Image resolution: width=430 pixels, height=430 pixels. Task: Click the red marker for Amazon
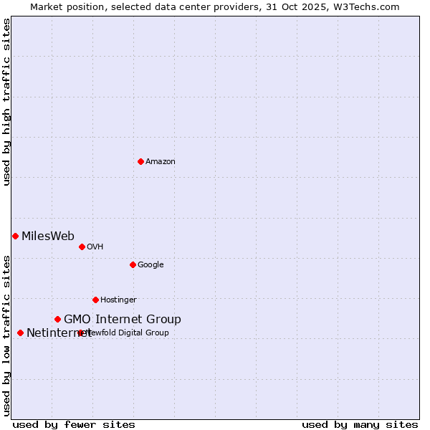pos(140,161)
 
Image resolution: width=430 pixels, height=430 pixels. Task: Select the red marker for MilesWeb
pos(15,236)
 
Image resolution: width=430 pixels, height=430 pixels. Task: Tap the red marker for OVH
pos(82,247)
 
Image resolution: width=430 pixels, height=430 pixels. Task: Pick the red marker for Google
pos(133,264)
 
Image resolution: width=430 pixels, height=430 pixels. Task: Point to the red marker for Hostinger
pos(95,300)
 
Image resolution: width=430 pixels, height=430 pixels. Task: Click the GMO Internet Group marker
pos(57,319)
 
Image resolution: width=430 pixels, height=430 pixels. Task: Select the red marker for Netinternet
pos(20,333)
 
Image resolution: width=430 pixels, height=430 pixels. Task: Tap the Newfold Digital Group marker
pos(80,333)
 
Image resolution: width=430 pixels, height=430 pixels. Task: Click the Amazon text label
pos(161,161)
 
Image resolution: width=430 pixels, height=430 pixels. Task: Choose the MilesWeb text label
pos(48,236)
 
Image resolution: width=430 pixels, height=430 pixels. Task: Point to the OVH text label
pos(95,247)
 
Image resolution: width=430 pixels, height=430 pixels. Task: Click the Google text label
pos(150,264)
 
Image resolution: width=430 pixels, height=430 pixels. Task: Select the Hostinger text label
pos(118,300)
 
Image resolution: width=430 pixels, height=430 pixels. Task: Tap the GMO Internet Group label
pos(123,319)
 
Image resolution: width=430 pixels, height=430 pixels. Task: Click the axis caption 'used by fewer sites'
pos(74,424)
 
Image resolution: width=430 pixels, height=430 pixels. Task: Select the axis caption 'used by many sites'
pos(360,424)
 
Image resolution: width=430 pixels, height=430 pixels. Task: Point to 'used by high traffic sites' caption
pos(6,102)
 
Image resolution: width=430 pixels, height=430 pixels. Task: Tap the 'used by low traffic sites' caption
pos(6,335)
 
